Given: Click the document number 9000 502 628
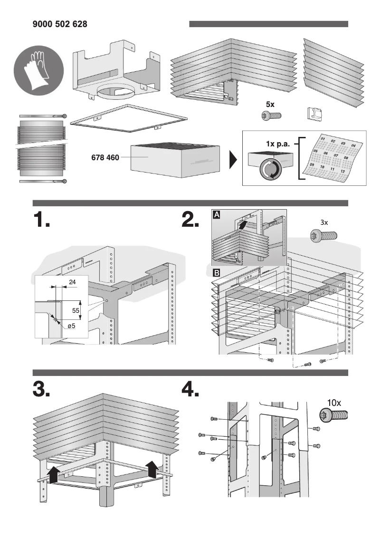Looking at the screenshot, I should tap(60, 24).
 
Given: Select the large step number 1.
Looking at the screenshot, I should tap(41, 221).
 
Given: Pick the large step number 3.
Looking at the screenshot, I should tap(41, 389).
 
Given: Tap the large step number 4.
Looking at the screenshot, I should tap(190, 389).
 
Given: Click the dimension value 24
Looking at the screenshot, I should tap(73, 282).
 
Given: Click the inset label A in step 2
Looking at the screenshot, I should tap(217, 215).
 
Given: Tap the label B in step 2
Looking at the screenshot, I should tap(217, 273).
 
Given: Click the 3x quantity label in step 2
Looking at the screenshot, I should tap(324, 222).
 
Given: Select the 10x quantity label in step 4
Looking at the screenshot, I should tap(333, 402).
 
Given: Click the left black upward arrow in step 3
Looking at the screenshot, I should tap(54, 473).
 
